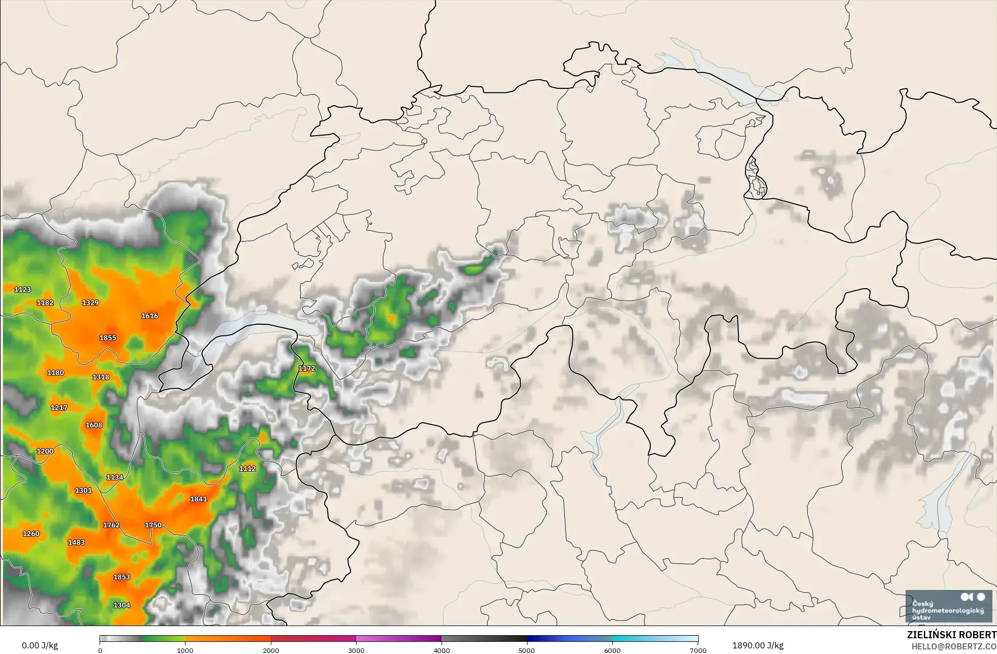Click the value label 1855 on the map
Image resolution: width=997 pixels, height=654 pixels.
tap(108, 338)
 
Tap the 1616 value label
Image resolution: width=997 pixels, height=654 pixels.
tap(149, 316)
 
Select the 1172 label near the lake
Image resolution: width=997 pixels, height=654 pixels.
tap(306, 368)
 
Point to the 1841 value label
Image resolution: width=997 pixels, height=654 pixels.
tap(198, 499)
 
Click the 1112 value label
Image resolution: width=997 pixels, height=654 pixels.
tap(247, 469)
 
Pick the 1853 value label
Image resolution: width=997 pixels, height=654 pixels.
tap(121, 577)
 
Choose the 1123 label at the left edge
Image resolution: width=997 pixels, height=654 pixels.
tap(22, 290)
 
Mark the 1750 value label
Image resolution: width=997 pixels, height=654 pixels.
tap(153, 525)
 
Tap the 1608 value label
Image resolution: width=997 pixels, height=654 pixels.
tap(94, 425)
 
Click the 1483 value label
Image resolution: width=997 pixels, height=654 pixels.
tap(76, 543)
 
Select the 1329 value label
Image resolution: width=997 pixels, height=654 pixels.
tap(90, 303)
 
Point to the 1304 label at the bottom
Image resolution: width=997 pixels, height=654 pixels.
tap(121, 605)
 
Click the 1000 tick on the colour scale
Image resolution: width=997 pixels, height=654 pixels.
tap(185, 650)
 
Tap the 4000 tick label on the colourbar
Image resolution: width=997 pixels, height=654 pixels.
tap(442, 650)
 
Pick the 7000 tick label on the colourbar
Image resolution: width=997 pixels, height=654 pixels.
tap(698, 650)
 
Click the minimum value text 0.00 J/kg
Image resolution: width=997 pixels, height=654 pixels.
tap(40, 645)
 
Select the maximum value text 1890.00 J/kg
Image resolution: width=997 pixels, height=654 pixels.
tap(758, 645)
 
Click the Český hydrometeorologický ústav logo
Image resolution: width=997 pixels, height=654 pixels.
tap(948, 606)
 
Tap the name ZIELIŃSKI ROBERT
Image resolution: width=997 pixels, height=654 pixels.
tap(951, 635)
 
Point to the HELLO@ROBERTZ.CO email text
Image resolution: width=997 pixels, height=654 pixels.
tap(953, 646)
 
